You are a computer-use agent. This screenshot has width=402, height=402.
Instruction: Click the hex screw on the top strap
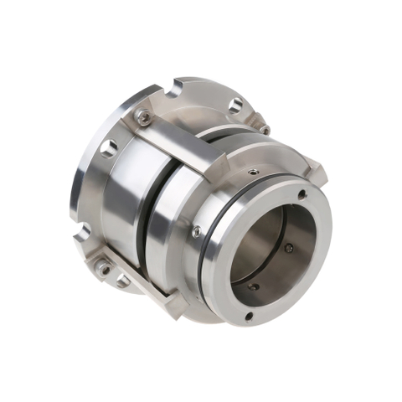tap(144, 118)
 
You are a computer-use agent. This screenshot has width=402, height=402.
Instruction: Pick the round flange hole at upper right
tap(236, 105)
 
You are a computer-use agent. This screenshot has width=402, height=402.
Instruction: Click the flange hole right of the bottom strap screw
tap(122, 281)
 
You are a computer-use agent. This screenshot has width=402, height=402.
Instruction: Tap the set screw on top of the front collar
tap(251, 167)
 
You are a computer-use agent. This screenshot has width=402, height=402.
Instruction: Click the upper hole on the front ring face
tap(301, 194)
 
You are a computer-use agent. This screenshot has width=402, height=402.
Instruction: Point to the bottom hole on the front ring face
tap(249, 316)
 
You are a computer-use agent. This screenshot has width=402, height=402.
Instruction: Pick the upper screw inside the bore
tap(289, 248)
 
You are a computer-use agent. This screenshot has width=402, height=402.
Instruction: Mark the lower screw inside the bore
tap(254, 286)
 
